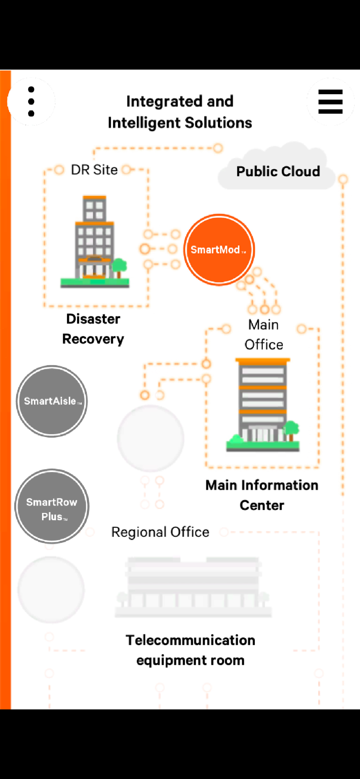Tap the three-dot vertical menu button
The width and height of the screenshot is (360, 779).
pos(31,101)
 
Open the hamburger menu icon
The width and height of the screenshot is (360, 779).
pos(330,101)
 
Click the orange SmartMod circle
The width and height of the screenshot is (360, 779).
pos(219,250)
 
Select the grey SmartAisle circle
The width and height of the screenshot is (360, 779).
pos(52,401)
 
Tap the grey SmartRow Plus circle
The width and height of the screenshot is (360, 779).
pos(52,506)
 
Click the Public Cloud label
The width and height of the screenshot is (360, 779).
pos(278,171)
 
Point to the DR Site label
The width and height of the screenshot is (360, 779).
pos(94,170)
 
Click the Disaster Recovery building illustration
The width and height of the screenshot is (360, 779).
pos(94,241)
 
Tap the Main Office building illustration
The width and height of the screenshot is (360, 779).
pos(263,405)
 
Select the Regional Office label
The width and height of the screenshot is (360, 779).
pos(160,532)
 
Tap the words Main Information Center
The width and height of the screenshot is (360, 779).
pos(262,495)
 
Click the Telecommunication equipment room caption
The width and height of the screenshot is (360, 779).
pos(191,650)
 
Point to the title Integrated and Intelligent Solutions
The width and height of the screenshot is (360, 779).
pos(180,112)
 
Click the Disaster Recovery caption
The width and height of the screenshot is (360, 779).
pos(93,329)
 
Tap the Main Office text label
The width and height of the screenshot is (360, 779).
pos(263,335)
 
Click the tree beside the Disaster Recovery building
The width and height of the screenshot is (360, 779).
pos(119,267)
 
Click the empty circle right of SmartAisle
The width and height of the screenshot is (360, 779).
pos(151,438)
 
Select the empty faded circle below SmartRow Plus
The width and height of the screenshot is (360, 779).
pos(51,590)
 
